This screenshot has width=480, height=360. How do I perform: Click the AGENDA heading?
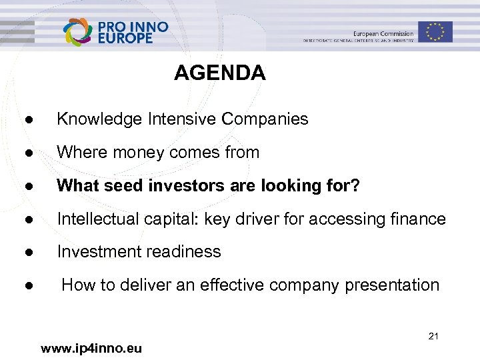click(x=219, y=73)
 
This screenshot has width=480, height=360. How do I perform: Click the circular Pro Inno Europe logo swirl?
click(x=79, y=32)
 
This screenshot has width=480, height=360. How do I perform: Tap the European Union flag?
click(x=435, y=31)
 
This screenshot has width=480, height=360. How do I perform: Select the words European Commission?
click(x=383, y=33)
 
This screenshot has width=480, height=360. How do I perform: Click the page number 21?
click(x=433, y=336)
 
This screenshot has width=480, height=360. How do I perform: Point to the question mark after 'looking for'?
click(x=355, y=186)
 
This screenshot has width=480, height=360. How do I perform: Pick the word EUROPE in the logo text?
click(x=125, y=38)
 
